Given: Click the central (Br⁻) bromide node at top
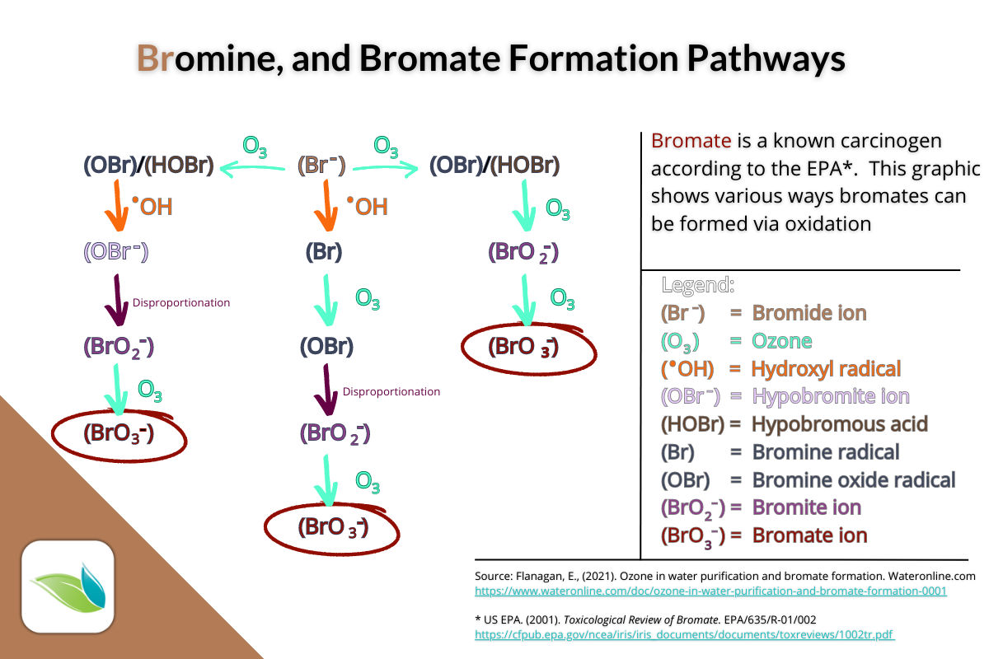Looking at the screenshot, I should tap(321, 166).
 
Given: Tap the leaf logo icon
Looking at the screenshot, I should tap(67, 586).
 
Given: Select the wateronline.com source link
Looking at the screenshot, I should tap(710, 591).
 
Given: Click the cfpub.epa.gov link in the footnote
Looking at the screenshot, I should tap(685, 634).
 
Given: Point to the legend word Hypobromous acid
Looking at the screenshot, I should tap(840, 424).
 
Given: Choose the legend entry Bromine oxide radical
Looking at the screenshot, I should tap(853, 479).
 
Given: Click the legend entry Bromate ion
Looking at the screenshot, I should tap(809, 535).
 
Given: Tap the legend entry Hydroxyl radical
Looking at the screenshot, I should tap(826, 368).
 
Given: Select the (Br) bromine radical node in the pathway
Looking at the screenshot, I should tap(324, 252).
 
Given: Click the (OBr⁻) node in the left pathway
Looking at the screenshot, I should tap(115, 252).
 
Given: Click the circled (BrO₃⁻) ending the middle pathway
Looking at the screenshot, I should tap(332, 526).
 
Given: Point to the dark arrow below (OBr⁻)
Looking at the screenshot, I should tap(116, 302).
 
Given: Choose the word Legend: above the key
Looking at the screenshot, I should tap(697, 286).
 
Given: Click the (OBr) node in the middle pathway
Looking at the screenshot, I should tap(326, 346).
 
